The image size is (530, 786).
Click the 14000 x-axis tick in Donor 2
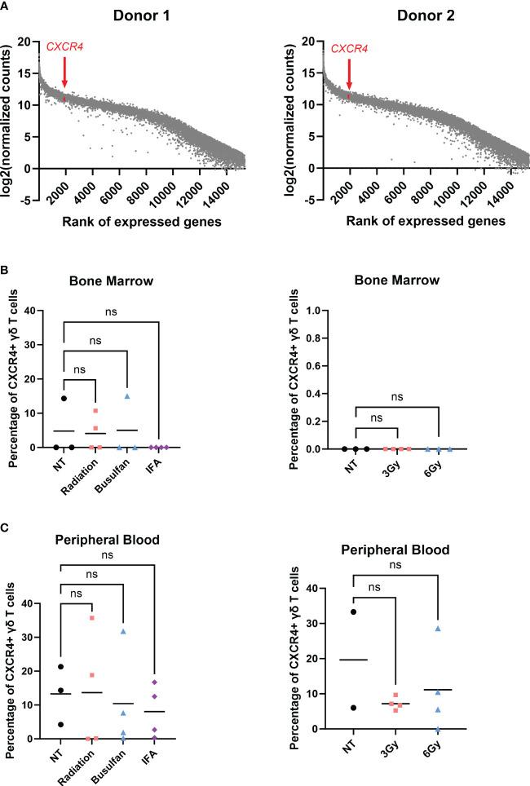coord(510,185)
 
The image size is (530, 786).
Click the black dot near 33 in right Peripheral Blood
coord(353,612)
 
